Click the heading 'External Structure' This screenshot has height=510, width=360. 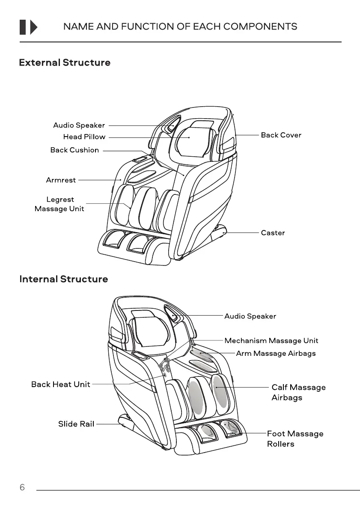point(65,63)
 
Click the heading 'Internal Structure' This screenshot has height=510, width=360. point(64,280)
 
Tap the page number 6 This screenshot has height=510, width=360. point(22,488)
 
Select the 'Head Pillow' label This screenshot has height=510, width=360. point(84,137)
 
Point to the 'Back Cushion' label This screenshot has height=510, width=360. point(74,150)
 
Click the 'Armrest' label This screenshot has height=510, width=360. point(61,180)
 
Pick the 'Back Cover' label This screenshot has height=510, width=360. point(281,135)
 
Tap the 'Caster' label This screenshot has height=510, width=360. point(273,233)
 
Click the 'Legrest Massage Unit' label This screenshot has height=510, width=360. point(60,204)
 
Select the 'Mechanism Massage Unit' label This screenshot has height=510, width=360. point(271,341)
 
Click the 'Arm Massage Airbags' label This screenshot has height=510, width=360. point(276,354)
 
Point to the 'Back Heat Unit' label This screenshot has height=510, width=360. point(61,385)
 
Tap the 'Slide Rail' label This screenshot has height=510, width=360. point(76,424)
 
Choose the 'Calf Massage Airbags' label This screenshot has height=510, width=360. point(298,393)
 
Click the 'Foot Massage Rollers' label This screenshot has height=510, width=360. point(295,439)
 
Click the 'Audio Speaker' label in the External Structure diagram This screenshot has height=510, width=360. point(79,125)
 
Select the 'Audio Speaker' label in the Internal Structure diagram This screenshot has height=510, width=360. point(250,316)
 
